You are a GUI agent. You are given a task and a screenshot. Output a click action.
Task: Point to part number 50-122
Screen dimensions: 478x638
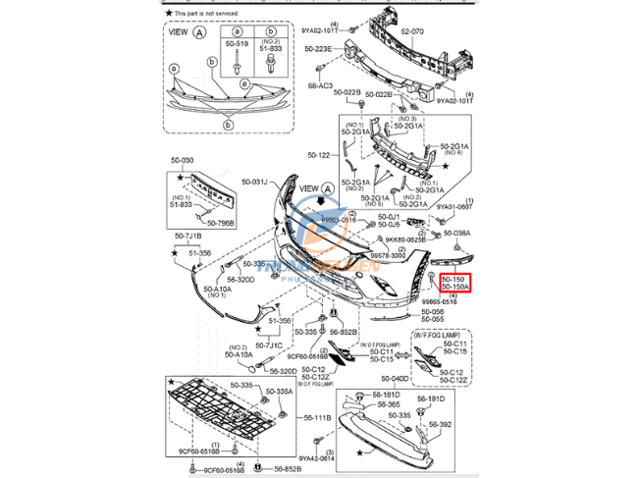tap(319, 155)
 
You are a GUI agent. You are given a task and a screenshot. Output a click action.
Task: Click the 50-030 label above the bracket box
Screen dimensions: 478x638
tap(183, 161)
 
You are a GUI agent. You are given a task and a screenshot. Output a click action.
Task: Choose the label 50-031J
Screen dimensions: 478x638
tap(253, 182)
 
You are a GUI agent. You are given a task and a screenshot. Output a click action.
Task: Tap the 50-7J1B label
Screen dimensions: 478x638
tap(188, 237)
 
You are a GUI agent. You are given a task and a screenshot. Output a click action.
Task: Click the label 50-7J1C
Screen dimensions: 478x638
tap(268, 345)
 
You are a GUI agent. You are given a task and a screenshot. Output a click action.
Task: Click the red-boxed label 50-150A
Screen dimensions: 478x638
tap(455, 287)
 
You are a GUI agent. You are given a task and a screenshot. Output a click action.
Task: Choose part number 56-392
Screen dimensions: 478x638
tap(438, 424)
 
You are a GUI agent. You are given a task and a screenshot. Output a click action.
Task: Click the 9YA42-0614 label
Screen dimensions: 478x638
tap(317, 457)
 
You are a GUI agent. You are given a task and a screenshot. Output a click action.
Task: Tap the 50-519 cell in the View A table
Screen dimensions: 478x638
tap(237, 44)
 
